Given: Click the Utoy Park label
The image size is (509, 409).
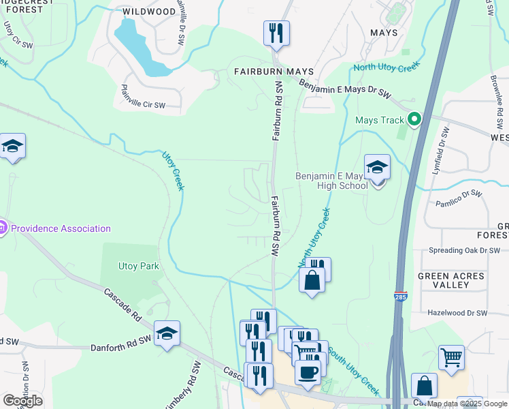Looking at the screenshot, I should (138, 266).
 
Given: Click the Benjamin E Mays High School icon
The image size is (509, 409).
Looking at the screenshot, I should (377, 167).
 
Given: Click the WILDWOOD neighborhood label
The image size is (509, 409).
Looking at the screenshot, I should (148, 12).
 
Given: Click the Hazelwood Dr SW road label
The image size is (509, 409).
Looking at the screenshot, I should (457, 313).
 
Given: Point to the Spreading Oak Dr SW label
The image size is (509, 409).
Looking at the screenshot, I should (464, 250).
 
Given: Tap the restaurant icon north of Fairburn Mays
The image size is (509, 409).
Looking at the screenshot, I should (276, 33).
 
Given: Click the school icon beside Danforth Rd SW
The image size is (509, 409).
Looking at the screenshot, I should (167, 333).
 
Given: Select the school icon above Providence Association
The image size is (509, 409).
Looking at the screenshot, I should (12, 146).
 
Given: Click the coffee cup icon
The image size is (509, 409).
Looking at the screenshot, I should (308, 372).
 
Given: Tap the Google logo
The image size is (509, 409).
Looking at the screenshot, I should (22, 401).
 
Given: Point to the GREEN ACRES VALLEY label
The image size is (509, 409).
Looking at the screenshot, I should (451, 281).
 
